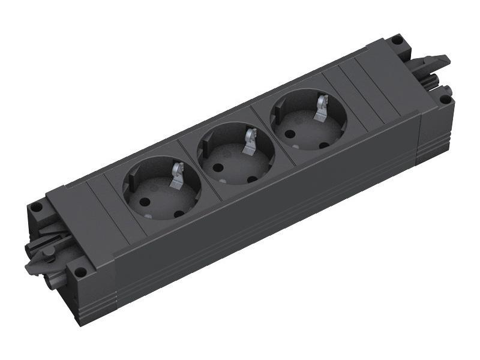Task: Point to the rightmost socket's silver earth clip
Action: point(322,109)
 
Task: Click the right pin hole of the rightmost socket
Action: point(324,145)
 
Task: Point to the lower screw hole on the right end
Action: point(445,98)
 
